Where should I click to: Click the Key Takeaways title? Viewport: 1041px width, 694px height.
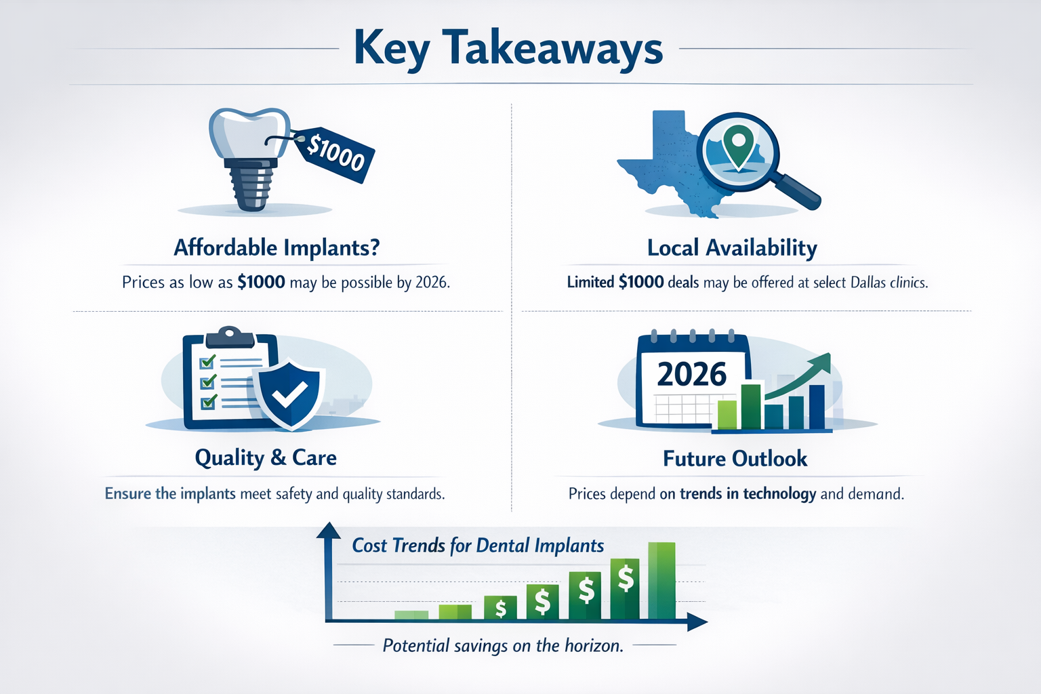click(508, 49)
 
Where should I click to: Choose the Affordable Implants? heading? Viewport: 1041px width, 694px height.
click(277, 248)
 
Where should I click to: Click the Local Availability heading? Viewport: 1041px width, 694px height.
click(732, 248)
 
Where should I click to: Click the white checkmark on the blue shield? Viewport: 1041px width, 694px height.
click(289, 394)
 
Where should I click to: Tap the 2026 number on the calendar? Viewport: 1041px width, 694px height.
click(691, 374)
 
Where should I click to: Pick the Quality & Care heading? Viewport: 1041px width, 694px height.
click(266, 458)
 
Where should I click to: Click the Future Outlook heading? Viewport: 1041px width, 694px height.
click(735, 459)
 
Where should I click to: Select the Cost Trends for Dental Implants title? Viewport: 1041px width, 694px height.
click(478, 546)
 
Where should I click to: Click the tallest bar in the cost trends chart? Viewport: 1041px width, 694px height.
click(661, 581)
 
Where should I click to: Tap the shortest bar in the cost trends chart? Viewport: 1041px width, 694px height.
click(411, 615)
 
